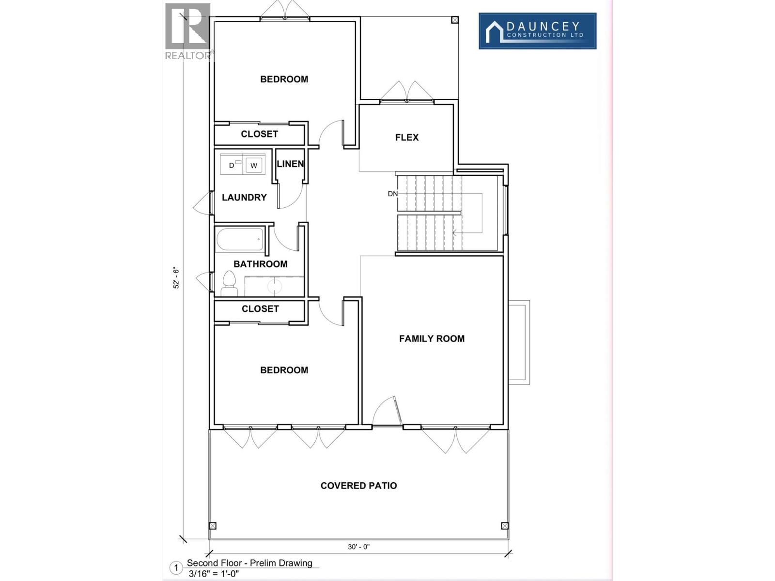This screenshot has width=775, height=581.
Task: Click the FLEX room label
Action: [x=406, y=138]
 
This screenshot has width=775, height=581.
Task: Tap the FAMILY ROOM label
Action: [x=432, y=339]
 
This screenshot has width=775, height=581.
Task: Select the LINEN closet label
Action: [x=290, y=164]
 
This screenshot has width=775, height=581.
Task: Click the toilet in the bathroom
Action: [x=229, y=284]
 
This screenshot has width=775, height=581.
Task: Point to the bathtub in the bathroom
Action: [x=240, y=239]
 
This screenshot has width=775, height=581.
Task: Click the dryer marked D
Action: [x=232, y=165]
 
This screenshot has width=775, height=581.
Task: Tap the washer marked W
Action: [x=254, y=165]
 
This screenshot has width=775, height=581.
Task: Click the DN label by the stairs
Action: [x=392, y=194]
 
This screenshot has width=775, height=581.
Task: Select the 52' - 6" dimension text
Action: [x=176, y=279]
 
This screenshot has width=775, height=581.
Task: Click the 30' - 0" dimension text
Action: [x=358, y=547]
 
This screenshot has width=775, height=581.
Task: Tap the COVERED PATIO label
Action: [x=358, y=486]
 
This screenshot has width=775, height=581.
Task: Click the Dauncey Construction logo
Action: [x=537, y=31]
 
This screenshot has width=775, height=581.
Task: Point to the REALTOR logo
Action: [x=188, y=31]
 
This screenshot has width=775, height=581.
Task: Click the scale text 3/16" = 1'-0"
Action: [x=214, y=574]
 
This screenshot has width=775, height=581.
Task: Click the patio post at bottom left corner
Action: [x=212, y=526]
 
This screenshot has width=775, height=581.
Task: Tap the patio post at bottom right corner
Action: [x=505, y=526]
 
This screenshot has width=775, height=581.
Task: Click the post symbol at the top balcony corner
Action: [x=454, y=20]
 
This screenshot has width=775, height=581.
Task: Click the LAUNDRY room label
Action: [x=244, y=198]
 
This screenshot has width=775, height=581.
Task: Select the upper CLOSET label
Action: [x=259, y=134]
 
